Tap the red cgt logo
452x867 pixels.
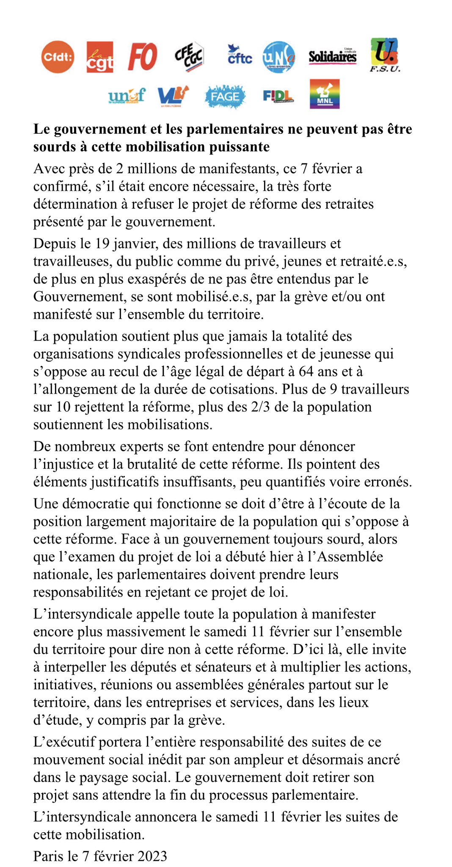click(100, 57)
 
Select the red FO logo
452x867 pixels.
click(143, 57)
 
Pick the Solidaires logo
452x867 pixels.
click(333, 56)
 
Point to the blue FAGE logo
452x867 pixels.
click(225, 97)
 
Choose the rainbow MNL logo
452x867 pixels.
click(325, 94)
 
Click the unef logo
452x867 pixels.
click(127, 96)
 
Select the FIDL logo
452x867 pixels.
click(278, 97)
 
